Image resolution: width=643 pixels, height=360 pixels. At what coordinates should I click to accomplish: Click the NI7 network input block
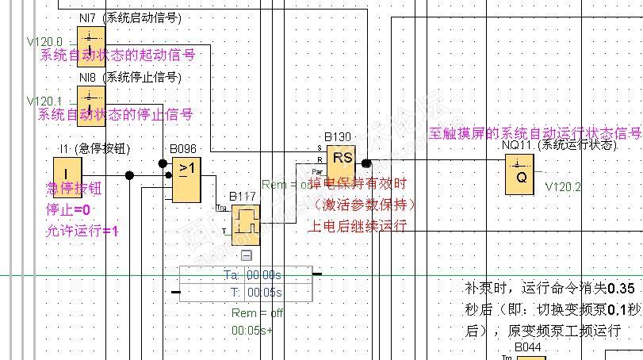pos(90,37)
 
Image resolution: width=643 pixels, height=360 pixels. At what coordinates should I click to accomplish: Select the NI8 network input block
pos(90,98)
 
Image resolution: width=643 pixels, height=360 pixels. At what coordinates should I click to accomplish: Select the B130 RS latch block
pos(342,163)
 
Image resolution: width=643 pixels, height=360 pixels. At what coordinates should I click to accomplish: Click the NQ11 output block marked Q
pos(519,175)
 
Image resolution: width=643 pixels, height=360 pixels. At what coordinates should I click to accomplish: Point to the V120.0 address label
pos(44,40)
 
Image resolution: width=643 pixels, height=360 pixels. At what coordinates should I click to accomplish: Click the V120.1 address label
pos(44,101)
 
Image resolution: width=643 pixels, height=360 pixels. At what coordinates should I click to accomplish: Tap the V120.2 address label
pos(563,187)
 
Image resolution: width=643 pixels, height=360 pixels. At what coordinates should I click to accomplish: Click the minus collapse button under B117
pos(246,255)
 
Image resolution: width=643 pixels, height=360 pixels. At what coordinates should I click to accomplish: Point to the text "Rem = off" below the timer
pos(257,312)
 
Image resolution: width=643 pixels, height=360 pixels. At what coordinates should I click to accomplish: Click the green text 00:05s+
pos(252,330)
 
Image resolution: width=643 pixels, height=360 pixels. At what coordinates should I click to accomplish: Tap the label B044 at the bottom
pos(527,347)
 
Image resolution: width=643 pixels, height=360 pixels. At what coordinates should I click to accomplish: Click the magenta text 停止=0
pos(68,210)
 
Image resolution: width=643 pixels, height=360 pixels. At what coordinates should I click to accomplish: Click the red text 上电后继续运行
pos(358,226)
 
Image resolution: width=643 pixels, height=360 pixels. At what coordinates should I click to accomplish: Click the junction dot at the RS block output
pos(366,163)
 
